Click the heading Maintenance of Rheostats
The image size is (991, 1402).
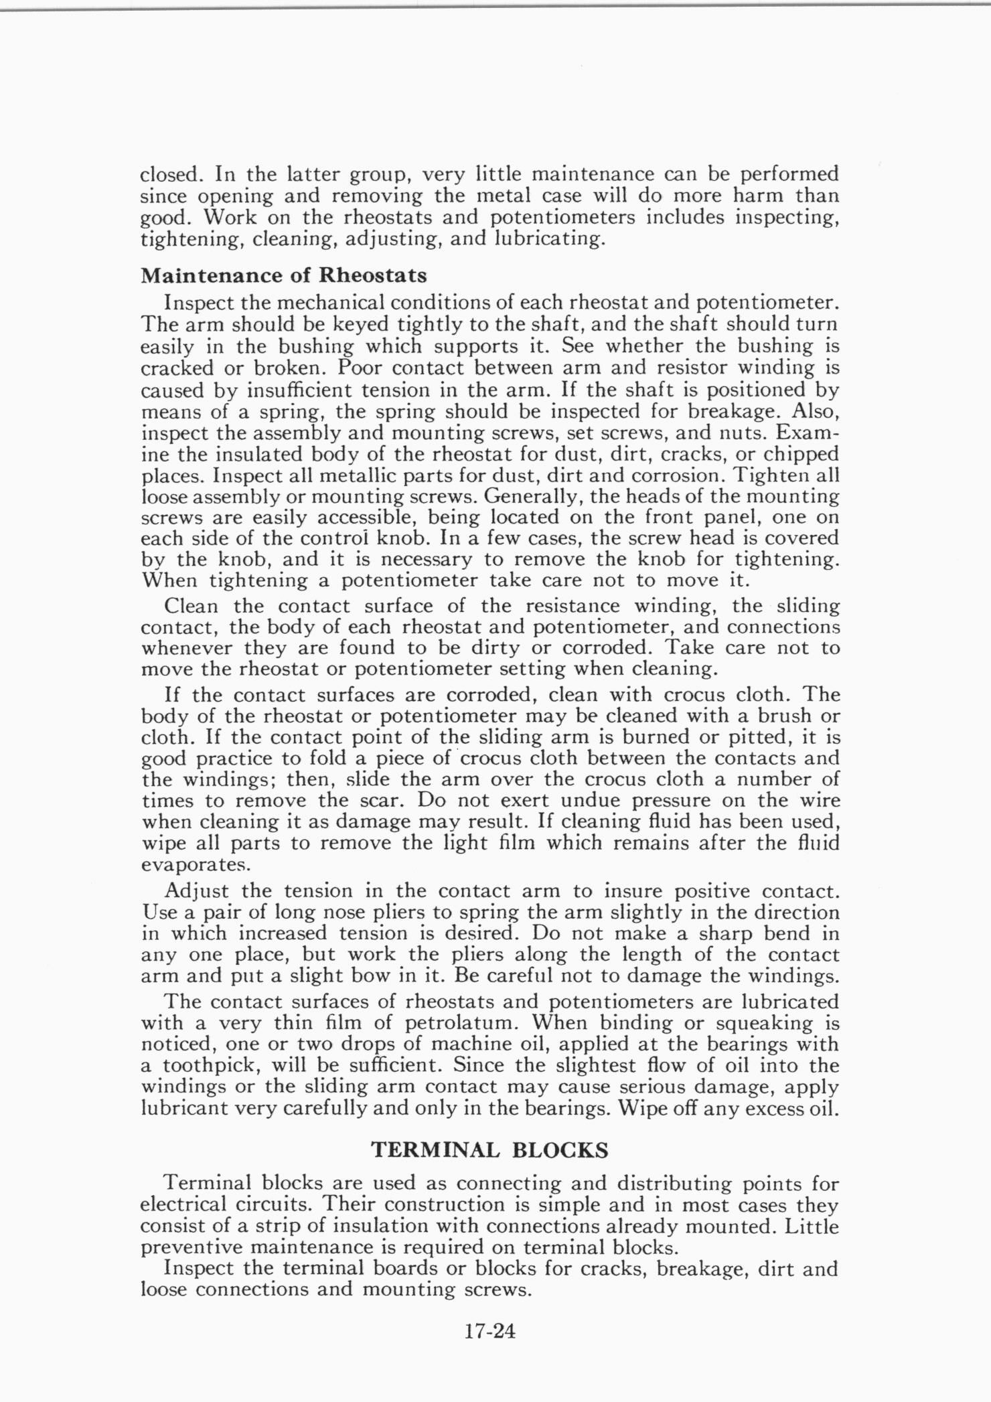[284, 275]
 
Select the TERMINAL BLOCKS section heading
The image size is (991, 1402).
[489, 1150]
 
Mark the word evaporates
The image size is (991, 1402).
[195, 864]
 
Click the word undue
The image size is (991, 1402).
[591, 800]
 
